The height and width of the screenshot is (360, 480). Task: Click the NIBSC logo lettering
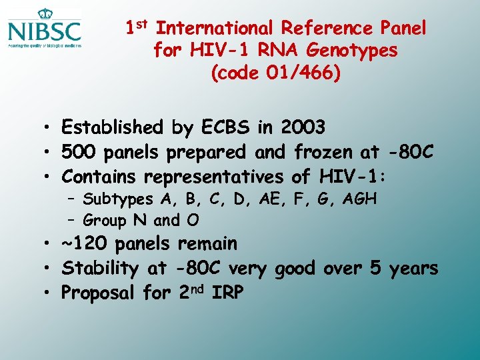tap(45, 31)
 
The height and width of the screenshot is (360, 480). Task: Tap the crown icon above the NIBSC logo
tap(45, 13)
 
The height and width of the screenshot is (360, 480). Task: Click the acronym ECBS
tap(221, 127)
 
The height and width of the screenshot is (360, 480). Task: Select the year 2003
tap(303, 127)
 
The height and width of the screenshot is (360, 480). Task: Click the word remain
tap(207, 243)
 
